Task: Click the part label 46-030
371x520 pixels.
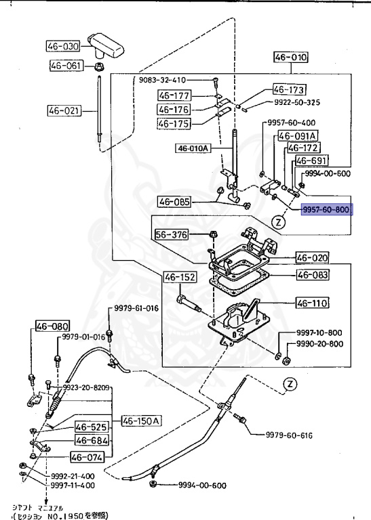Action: click(x=63, y=47)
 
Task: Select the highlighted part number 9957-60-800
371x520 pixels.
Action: click(x=326, y=211)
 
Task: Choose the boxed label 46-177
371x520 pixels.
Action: click(x=174, y=95)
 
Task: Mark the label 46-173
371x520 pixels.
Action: click(x=290, y=89)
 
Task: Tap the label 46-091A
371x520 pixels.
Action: click(x=294, y=136)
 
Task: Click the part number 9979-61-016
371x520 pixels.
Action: click(x=136, y=308)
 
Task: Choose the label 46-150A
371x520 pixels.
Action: click(x=142, y=420)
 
